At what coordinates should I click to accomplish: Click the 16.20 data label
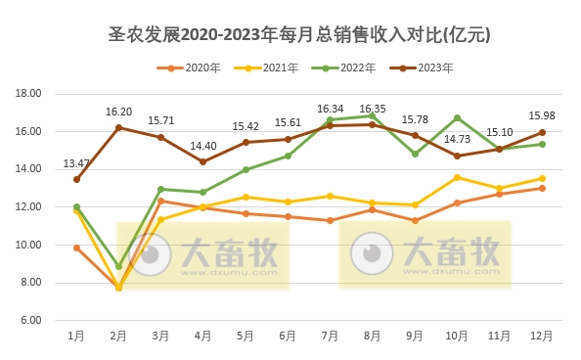pyautogui.click(x=118, y=112)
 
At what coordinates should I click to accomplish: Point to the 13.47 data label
pyautogui.click(x=76, y=163)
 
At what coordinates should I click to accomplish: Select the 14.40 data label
pyautogui.click(x=202, y=146)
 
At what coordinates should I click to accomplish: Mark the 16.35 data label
pyautogui.click(x=373, y=109)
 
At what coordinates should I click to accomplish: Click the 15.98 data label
pyautogui.click(x=541, y=117)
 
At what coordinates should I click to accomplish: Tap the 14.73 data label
pyautogui.click(x=457, y=140)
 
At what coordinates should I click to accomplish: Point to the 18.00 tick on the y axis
pyautogui.click(x=28, y=94)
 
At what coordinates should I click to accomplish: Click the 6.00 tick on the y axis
pyautogui.click(x=30, y=321)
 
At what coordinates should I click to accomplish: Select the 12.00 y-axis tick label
pyautogui.click(x=28, y=207)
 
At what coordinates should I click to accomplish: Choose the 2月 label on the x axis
pyautogui.click(x=118, y=336)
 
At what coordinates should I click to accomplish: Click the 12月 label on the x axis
pyautogui.click(x=541, y=336)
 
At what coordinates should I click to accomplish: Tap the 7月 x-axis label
pyautogui.click(x=330, y=336)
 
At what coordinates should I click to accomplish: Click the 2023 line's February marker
pyautogui.click(x=118, y=127)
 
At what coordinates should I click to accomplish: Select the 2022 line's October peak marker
pyautogui.click(x=457, y=117)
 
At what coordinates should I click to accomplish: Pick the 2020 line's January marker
pyautogui.click(x=76, y=247)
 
